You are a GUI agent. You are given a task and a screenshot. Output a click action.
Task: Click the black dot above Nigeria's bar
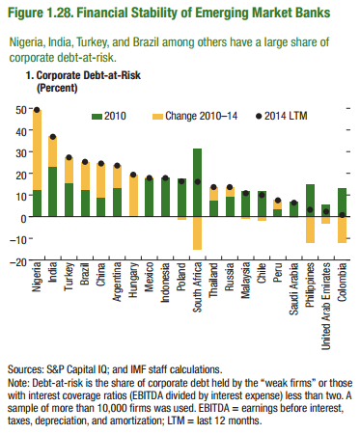point(38,110)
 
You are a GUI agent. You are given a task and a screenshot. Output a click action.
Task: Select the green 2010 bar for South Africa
point(197,170)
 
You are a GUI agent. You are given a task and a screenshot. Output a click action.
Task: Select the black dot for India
point(53,137)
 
